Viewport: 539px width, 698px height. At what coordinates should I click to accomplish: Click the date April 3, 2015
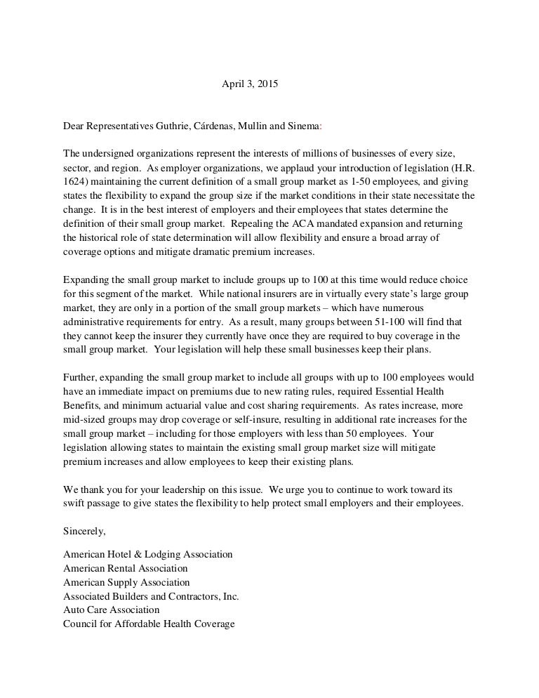point(250,84)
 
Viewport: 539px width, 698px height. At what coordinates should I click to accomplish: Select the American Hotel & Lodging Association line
point(148,555)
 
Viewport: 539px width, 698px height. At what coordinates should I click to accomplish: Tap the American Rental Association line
point(126,568)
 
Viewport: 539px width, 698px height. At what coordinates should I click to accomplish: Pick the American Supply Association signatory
point(126,582)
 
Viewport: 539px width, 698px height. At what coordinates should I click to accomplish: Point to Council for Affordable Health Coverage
point(149,624)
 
